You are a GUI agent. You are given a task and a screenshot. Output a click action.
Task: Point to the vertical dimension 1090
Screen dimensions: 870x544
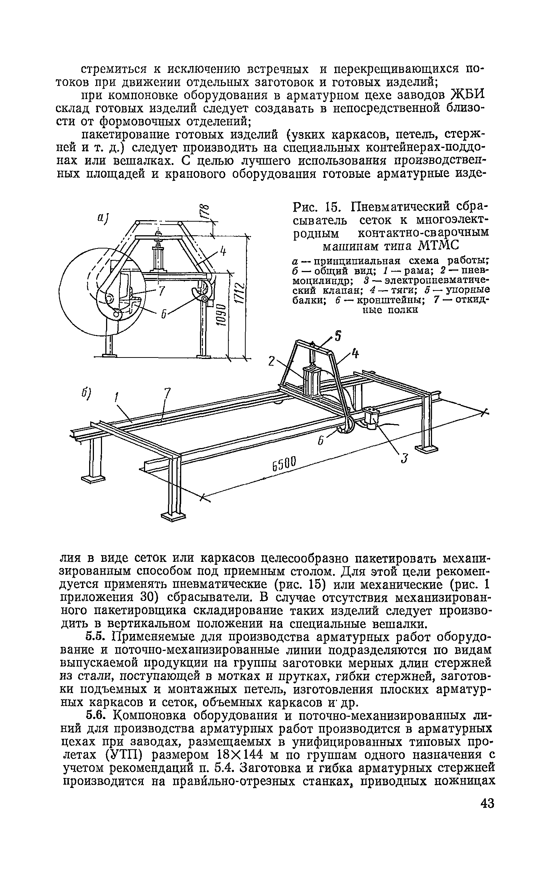pos(221,315)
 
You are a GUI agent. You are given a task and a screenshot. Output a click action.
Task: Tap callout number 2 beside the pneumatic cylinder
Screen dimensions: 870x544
pos(271,362)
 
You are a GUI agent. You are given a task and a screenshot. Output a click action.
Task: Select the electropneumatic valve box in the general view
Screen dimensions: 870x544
pos(373,418)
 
